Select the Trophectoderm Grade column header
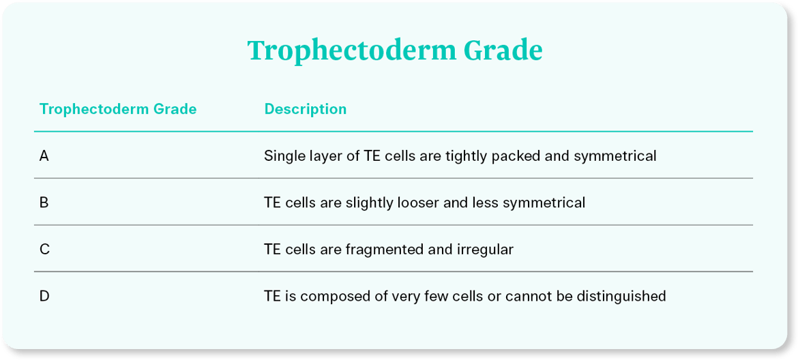tap(118, 109)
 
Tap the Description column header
tap(306, 109)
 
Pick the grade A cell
tap(44, 156)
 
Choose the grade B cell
tap(44, 203)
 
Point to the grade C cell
tap(44, 250)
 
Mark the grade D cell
tap(44, 296)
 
